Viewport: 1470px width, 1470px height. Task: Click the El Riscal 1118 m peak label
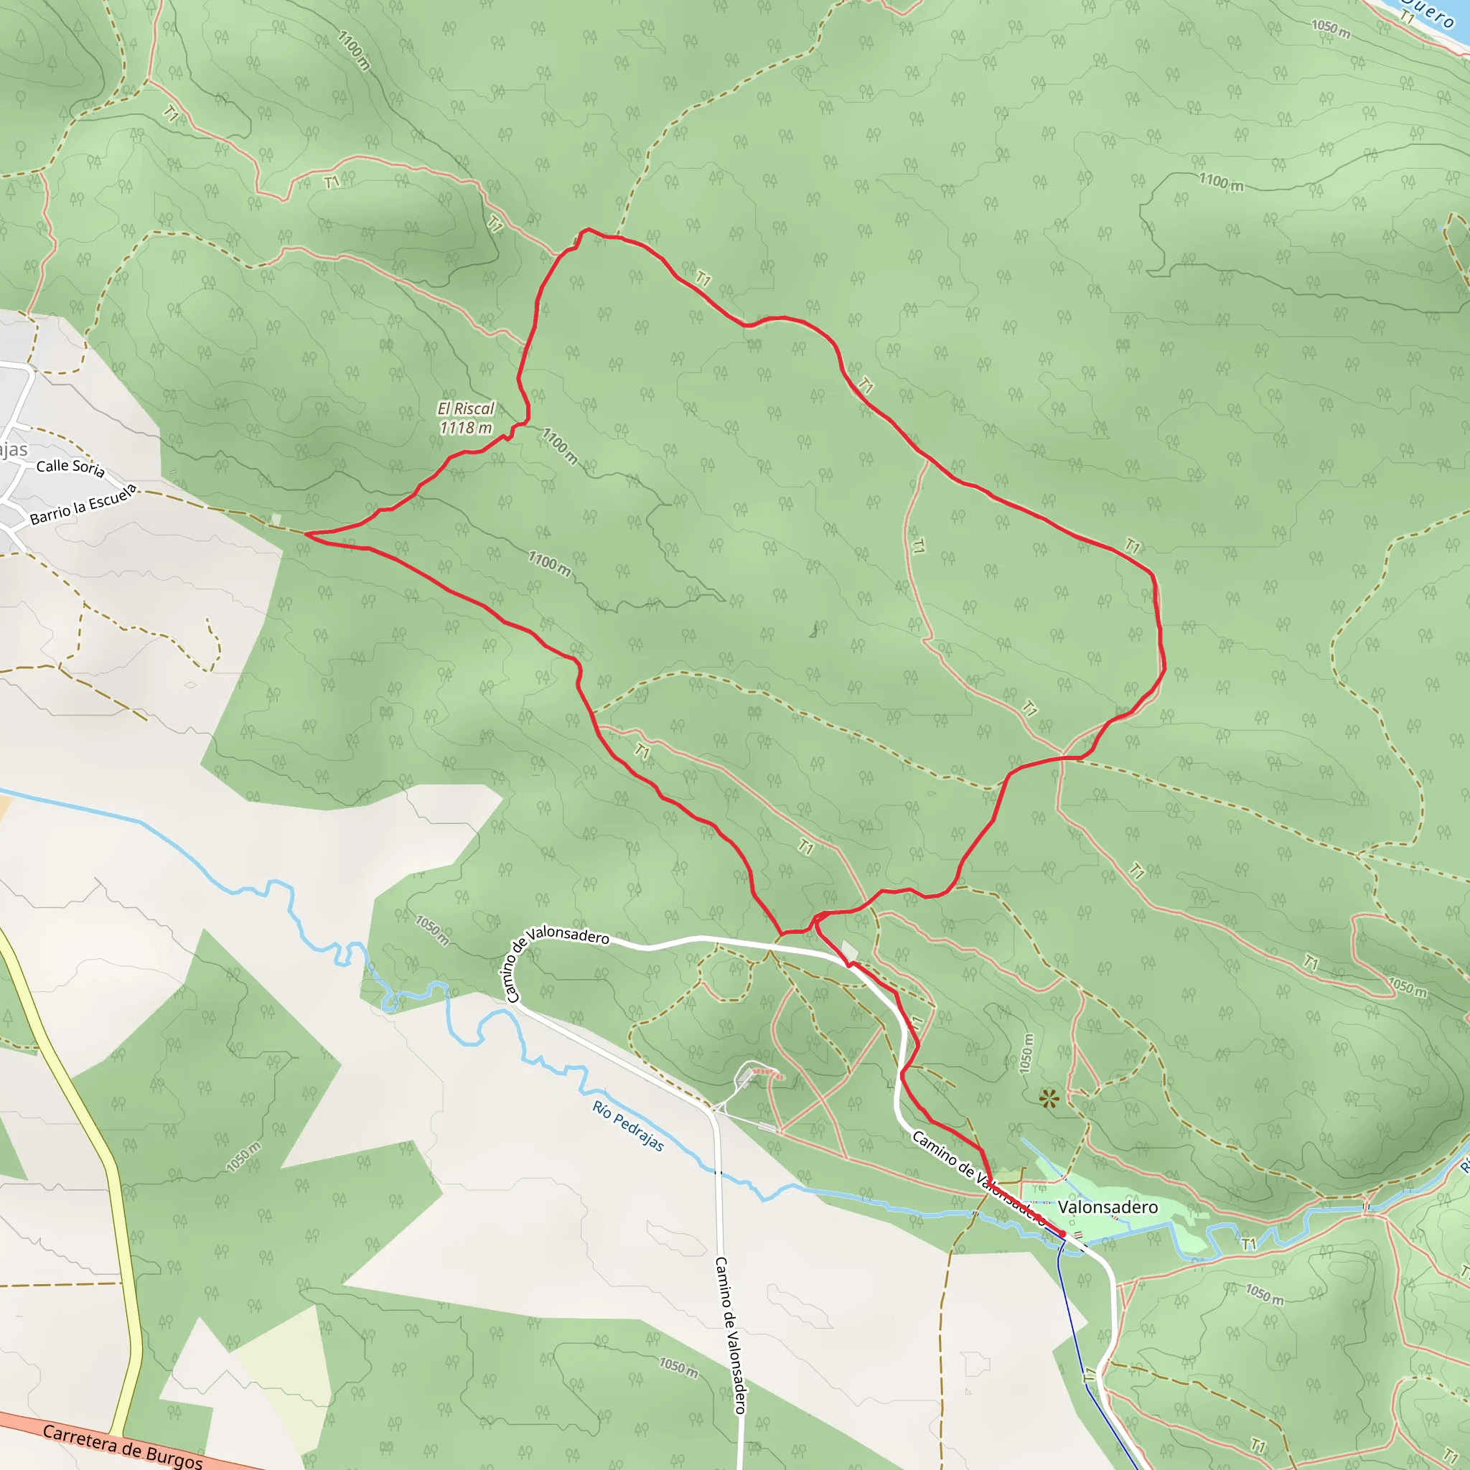pos(466,418)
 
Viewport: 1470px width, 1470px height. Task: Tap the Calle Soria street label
pos(70,467)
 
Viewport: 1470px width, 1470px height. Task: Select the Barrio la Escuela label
pos(84,504)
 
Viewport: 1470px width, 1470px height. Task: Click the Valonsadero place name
pos(1107,1207)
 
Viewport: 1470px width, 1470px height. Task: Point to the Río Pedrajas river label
pos(628,1126)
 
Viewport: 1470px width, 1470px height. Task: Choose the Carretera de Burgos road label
pos(122,1446)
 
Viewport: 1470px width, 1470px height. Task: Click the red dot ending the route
pos(1062,1234)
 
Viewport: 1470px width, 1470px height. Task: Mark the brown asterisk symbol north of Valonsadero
pos(1049,1098)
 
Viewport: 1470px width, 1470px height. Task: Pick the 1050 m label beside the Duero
pos(1331,28)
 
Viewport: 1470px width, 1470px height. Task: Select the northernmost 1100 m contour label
pos(354,50)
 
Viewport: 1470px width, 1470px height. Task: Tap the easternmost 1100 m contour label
pos(1221,182)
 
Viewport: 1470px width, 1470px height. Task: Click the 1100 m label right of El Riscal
pos(559,446)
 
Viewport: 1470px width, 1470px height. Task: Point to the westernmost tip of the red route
pos(306,534)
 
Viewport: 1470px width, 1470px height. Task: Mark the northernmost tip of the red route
pos(587,229)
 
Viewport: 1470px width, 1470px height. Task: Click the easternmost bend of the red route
pos(1164,668)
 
